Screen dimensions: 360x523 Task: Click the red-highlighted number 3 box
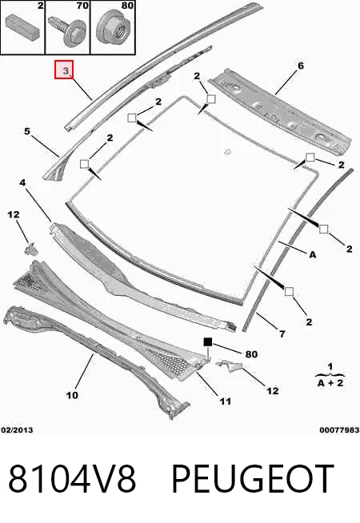click(64, 70)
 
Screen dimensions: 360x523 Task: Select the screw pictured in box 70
click(67, 30)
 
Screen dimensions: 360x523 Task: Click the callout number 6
click(301, 66)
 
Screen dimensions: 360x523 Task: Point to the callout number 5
click(27, 131)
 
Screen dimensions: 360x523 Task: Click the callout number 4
click(22, 182)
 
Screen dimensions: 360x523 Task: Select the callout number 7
click(282, 333)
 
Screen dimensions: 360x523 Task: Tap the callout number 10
click(72, 395)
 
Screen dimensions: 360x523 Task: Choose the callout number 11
click(226, 401)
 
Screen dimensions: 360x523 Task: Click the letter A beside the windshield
click(312, 255)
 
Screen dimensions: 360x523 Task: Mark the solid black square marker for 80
click(208, 342)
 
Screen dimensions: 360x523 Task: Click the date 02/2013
click(17, 430)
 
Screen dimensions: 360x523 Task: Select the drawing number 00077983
click(339, 430)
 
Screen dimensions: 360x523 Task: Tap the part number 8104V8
click(72, 479)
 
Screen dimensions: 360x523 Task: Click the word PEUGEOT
click(253, 479)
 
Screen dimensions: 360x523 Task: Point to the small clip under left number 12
click(30, 250)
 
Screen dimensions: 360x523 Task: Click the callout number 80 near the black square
click(251, 354)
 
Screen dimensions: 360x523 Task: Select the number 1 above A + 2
click(330, 366)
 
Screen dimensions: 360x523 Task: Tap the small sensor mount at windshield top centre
click(228, 151)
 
